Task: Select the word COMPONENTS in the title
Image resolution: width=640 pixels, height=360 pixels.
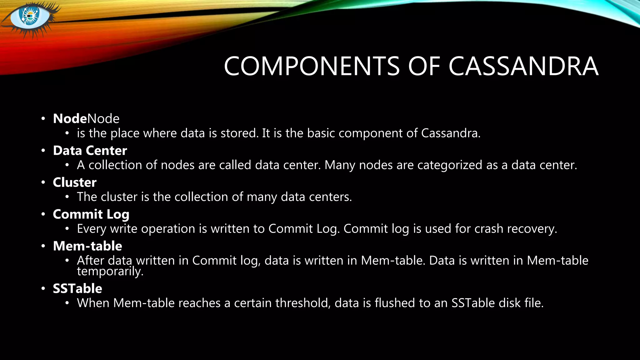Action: point(312,66)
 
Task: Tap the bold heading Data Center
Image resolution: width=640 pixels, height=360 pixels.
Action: point(90,151)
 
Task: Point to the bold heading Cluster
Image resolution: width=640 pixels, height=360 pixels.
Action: point(75,182)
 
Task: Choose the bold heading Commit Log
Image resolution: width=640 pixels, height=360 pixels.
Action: point(91,214)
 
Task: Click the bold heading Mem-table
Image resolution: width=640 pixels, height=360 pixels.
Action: point(87,246)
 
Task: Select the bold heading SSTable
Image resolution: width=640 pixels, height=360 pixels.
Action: point(77,289)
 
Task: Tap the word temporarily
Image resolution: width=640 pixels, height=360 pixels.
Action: point(110,271)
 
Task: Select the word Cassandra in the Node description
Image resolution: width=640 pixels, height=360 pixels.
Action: point(450,133)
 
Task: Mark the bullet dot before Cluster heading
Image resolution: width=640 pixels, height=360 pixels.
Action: point(43,182)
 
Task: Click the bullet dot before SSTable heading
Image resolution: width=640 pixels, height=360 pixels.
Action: point(43,289)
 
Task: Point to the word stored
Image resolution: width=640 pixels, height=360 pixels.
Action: point(239,133)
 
